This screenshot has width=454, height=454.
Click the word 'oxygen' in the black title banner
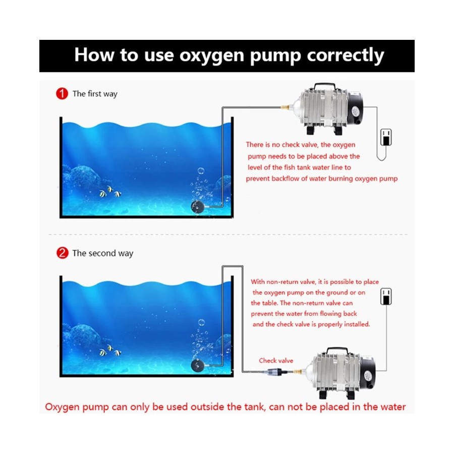click(212, 55)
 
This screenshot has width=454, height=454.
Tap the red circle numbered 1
click(62, 93)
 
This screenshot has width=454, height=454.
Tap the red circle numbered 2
click(62, 253)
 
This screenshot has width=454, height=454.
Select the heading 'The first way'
click(95, 94)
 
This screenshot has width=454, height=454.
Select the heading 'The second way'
click(103, 253)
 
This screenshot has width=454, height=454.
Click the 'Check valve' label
click(276, 361)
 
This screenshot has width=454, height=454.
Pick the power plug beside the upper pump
click(386, 137)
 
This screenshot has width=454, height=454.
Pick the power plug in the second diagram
click(386, 296)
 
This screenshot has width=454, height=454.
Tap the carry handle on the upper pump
click(325, 87)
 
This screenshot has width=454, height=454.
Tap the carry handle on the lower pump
click(337, 351)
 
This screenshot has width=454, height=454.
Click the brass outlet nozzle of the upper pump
click(285, 107)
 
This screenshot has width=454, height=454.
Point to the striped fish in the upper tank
click(110, 192)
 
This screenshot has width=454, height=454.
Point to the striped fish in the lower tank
click(110, 351)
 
